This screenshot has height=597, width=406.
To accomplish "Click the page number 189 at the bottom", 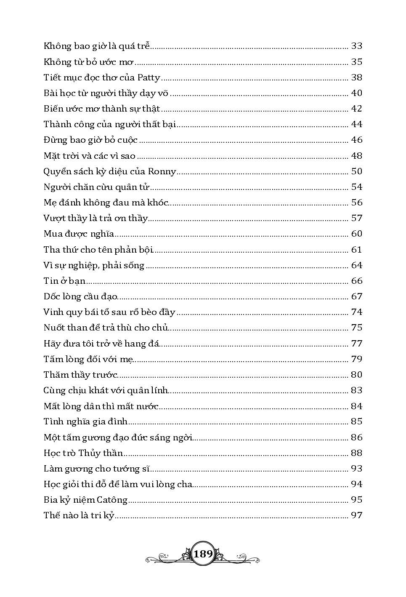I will coord(203,554).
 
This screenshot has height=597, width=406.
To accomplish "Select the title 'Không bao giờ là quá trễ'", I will coord(97,46).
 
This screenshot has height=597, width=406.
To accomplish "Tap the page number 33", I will coord(356,46).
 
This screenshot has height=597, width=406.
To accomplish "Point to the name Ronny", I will coord(162,172).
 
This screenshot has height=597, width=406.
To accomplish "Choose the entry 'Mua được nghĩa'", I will coord(79,234).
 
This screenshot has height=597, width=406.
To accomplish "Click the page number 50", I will coord(356,172).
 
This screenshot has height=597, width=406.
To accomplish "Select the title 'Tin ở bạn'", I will coord(64,281).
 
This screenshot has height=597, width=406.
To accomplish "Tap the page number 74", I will coord(356,312).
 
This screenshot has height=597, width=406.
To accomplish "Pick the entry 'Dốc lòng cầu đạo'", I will coord(80,297).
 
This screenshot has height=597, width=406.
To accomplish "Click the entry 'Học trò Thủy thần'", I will coord(83,453).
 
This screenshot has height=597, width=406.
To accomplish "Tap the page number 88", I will coord(356,453).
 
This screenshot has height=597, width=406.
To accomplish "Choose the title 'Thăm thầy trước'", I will coord(80,375).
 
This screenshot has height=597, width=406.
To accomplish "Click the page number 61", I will coord(356,250).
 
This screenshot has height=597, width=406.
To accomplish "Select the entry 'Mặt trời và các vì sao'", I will coord(89,156).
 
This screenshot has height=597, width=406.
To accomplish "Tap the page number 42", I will coord(356,109).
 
